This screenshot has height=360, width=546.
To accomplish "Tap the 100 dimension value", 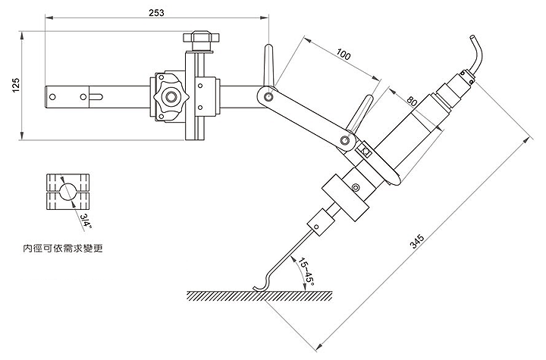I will (x=344, y=55).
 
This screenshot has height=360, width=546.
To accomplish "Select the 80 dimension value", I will (x=412, y=101).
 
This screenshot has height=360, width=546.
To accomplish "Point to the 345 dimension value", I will (x=416, y=241).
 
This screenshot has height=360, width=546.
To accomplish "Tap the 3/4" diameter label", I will (x=86, y=220).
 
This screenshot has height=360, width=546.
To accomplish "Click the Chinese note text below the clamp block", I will (x=63, y=248).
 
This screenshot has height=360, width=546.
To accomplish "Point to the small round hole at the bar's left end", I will (x=55, y=96).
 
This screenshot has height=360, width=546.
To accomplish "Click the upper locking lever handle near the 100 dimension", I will (x=268, y=61).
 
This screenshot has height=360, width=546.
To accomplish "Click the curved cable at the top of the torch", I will (x=475, y=53).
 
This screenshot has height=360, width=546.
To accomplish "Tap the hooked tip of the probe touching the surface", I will (x=259, y=287).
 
